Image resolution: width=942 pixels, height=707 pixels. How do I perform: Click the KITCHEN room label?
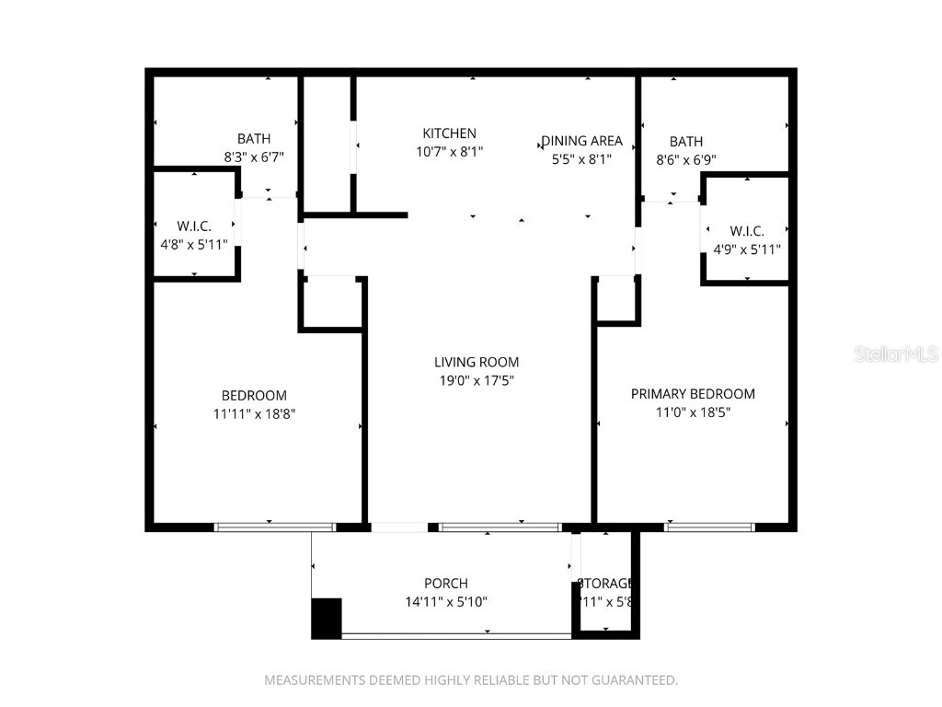click(449, 133)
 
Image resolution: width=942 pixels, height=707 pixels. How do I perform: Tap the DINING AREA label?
click(581, 141)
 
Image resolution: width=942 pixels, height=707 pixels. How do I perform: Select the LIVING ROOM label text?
click(477, 363)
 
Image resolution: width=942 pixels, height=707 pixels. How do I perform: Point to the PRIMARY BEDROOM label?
click(693, 394)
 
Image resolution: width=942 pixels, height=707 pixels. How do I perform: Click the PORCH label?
click(446, 584)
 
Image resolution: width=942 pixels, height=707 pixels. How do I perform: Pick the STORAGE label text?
click(605, 584)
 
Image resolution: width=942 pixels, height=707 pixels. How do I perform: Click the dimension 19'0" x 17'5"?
click(477, 381)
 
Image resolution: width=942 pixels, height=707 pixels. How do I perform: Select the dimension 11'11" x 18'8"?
click(254, 414)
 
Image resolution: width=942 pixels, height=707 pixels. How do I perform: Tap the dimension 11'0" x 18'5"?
click(693, 412)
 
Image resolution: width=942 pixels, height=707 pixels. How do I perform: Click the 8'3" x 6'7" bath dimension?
click(254, 157)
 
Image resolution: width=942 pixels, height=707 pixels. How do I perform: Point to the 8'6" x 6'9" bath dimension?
click(686, 160)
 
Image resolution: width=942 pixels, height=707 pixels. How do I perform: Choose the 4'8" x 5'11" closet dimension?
click(194, 245)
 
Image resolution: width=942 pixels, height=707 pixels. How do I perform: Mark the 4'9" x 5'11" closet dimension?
click(746, 249)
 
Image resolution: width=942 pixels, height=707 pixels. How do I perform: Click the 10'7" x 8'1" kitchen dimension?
click(449, 152)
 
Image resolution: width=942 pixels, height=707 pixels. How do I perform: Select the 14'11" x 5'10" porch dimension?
click(446, 602)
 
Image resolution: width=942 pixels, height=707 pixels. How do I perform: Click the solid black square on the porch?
click(327, 618)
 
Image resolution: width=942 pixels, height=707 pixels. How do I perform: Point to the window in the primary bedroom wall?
click(709, 527)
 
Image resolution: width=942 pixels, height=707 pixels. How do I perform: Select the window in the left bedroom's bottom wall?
click(274, 527)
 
